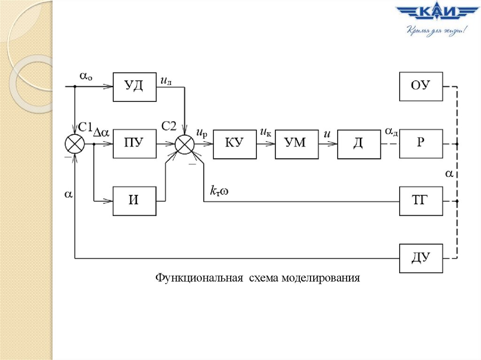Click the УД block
coord(134,87)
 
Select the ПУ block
coord(134,144)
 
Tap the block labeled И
coord(134,201)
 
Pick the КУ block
coord(234,144)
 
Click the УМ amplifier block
coord(296,144)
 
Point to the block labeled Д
coord(358,144)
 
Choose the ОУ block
coord(421,87)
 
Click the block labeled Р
coord(421,144)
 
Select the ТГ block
coord(421,201)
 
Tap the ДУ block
coord(421,258)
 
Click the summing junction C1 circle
coord(74,144)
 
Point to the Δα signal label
coord(102,132)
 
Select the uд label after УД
coord(166,80)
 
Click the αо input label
coord(86,76)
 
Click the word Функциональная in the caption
coord(199,278)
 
